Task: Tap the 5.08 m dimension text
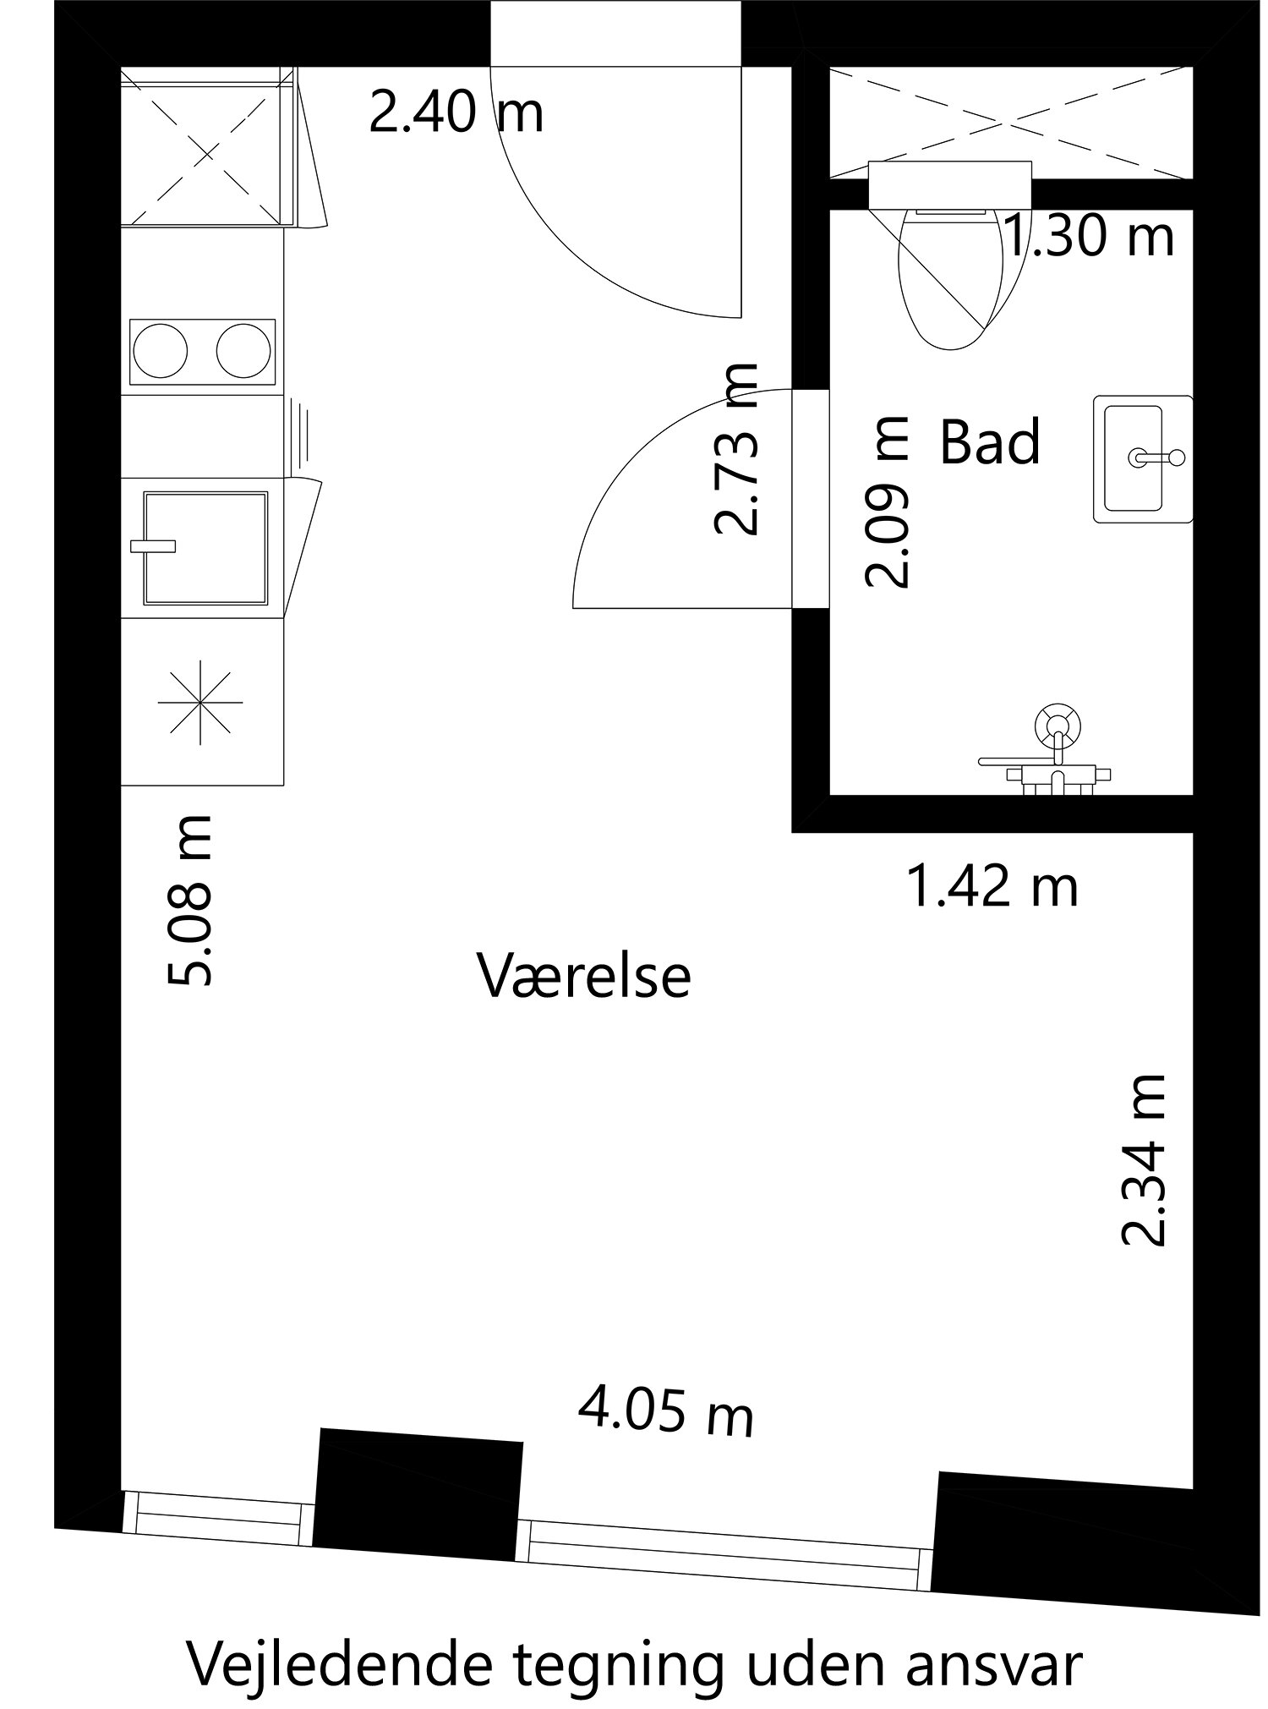tap(191, 900)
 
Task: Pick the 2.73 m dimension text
tap(735, 450)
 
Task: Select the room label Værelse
tap(585, 976)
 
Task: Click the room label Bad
tap(990, 441)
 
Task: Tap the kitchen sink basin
tap(206, 548)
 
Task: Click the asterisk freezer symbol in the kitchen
tap(201, 702)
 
